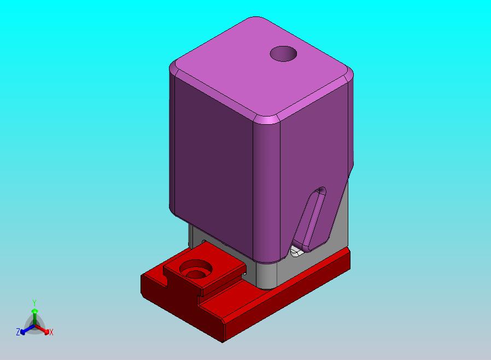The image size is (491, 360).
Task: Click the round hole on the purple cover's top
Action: pyautogui.click(x=283, y=54)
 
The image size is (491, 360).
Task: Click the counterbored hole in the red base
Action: pyautogui.click(x=196, y=270)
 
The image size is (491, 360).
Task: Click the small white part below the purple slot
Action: pyautogui.click(x=296, y=251)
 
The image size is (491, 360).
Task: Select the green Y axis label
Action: pyautogui.click(x=34, y=303)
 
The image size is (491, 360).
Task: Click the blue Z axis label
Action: pyautogui.click(x=18, y=332)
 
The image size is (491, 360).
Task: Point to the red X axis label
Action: pyautogui.click(x=51, y=332)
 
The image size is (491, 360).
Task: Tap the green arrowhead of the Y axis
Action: pyautogui.click(x=34, y=311)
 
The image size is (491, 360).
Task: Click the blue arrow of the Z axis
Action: pyautogui.click(x=27, y=329)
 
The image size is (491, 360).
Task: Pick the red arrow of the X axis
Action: pyautogui.click(x=42, y=329)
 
